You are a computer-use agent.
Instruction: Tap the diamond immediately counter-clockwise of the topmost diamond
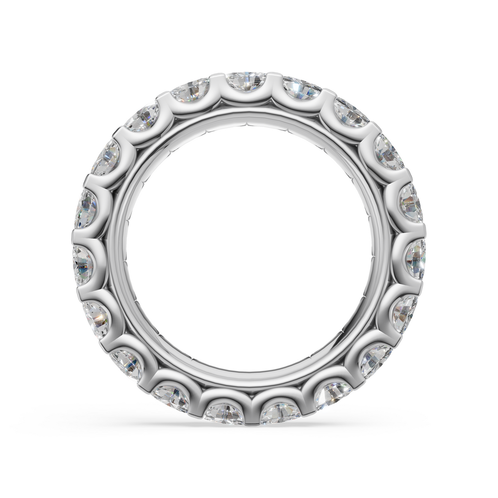point(191,90)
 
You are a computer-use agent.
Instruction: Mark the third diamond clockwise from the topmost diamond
point(389,152)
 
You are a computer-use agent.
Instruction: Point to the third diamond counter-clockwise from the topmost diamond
point(106,158)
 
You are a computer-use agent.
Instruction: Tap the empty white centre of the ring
point(249,248)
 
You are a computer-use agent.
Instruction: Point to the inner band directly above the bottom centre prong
point(251,380)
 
